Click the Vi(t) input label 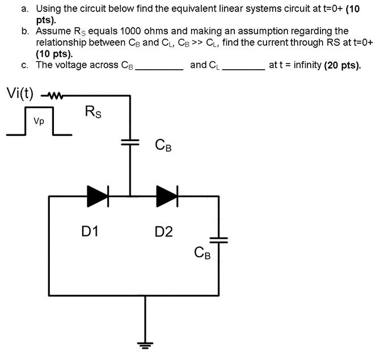coord(20,94)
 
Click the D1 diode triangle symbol coord(97,196)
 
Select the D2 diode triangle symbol coord(167,196)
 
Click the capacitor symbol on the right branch coord(218,242)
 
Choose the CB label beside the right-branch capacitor coord(202,253)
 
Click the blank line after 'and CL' coord(244,68)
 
